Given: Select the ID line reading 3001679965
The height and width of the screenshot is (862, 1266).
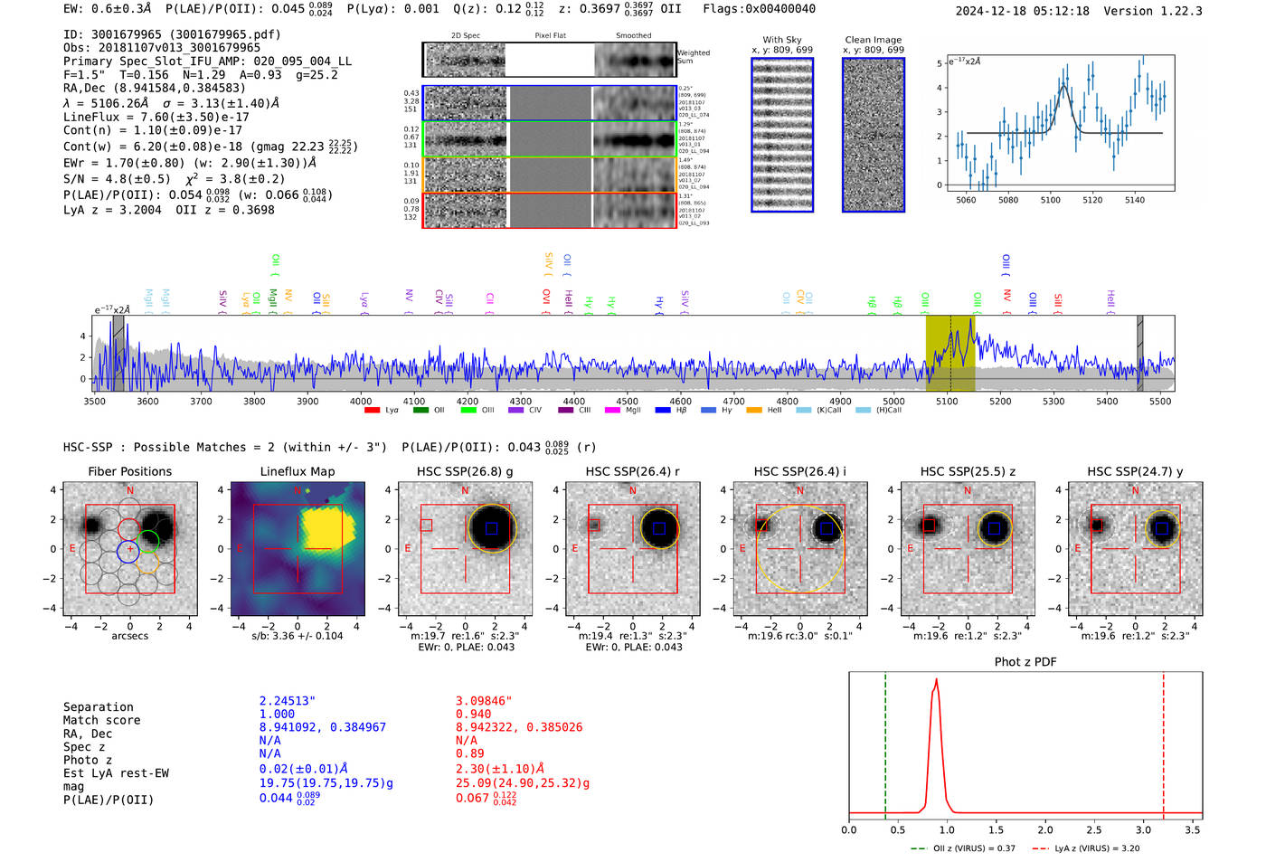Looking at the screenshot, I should tap(172, 34).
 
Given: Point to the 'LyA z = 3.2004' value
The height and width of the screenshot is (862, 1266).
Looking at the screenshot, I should tap(112, 210).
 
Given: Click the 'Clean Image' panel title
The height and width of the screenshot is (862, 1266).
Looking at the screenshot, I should tap(873, 40).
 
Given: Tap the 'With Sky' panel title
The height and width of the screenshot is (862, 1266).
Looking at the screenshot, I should tap(781, 40).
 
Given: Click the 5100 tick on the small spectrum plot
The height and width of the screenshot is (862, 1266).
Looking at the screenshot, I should tap(1050, 200).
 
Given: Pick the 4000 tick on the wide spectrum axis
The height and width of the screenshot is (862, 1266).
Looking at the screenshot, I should tap(361, 401).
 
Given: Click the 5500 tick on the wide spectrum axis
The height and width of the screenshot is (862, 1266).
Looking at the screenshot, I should tap(1160, 401).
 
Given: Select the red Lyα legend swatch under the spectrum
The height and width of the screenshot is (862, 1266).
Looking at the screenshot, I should tap(372, 411).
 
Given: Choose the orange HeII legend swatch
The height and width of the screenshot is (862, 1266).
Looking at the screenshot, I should tap(754, 411).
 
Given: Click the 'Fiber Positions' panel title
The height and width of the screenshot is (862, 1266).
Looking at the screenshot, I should tap(129, 471).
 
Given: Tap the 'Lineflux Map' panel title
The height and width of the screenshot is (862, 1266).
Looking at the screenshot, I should tap(297, 471).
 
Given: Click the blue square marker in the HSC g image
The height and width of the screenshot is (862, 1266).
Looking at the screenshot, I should tap(491, 528).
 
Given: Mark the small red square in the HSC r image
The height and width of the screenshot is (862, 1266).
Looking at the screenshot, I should tap(594, 525).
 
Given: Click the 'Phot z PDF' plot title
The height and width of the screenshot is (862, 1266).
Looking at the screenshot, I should tap(1025, 662).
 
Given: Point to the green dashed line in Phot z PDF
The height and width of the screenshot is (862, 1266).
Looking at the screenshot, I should tap(885, 742).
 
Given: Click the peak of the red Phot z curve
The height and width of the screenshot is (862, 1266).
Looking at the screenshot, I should tap(936, 680).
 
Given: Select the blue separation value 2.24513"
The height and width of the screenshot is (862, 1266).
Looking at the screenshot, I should tap(287, 701).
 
